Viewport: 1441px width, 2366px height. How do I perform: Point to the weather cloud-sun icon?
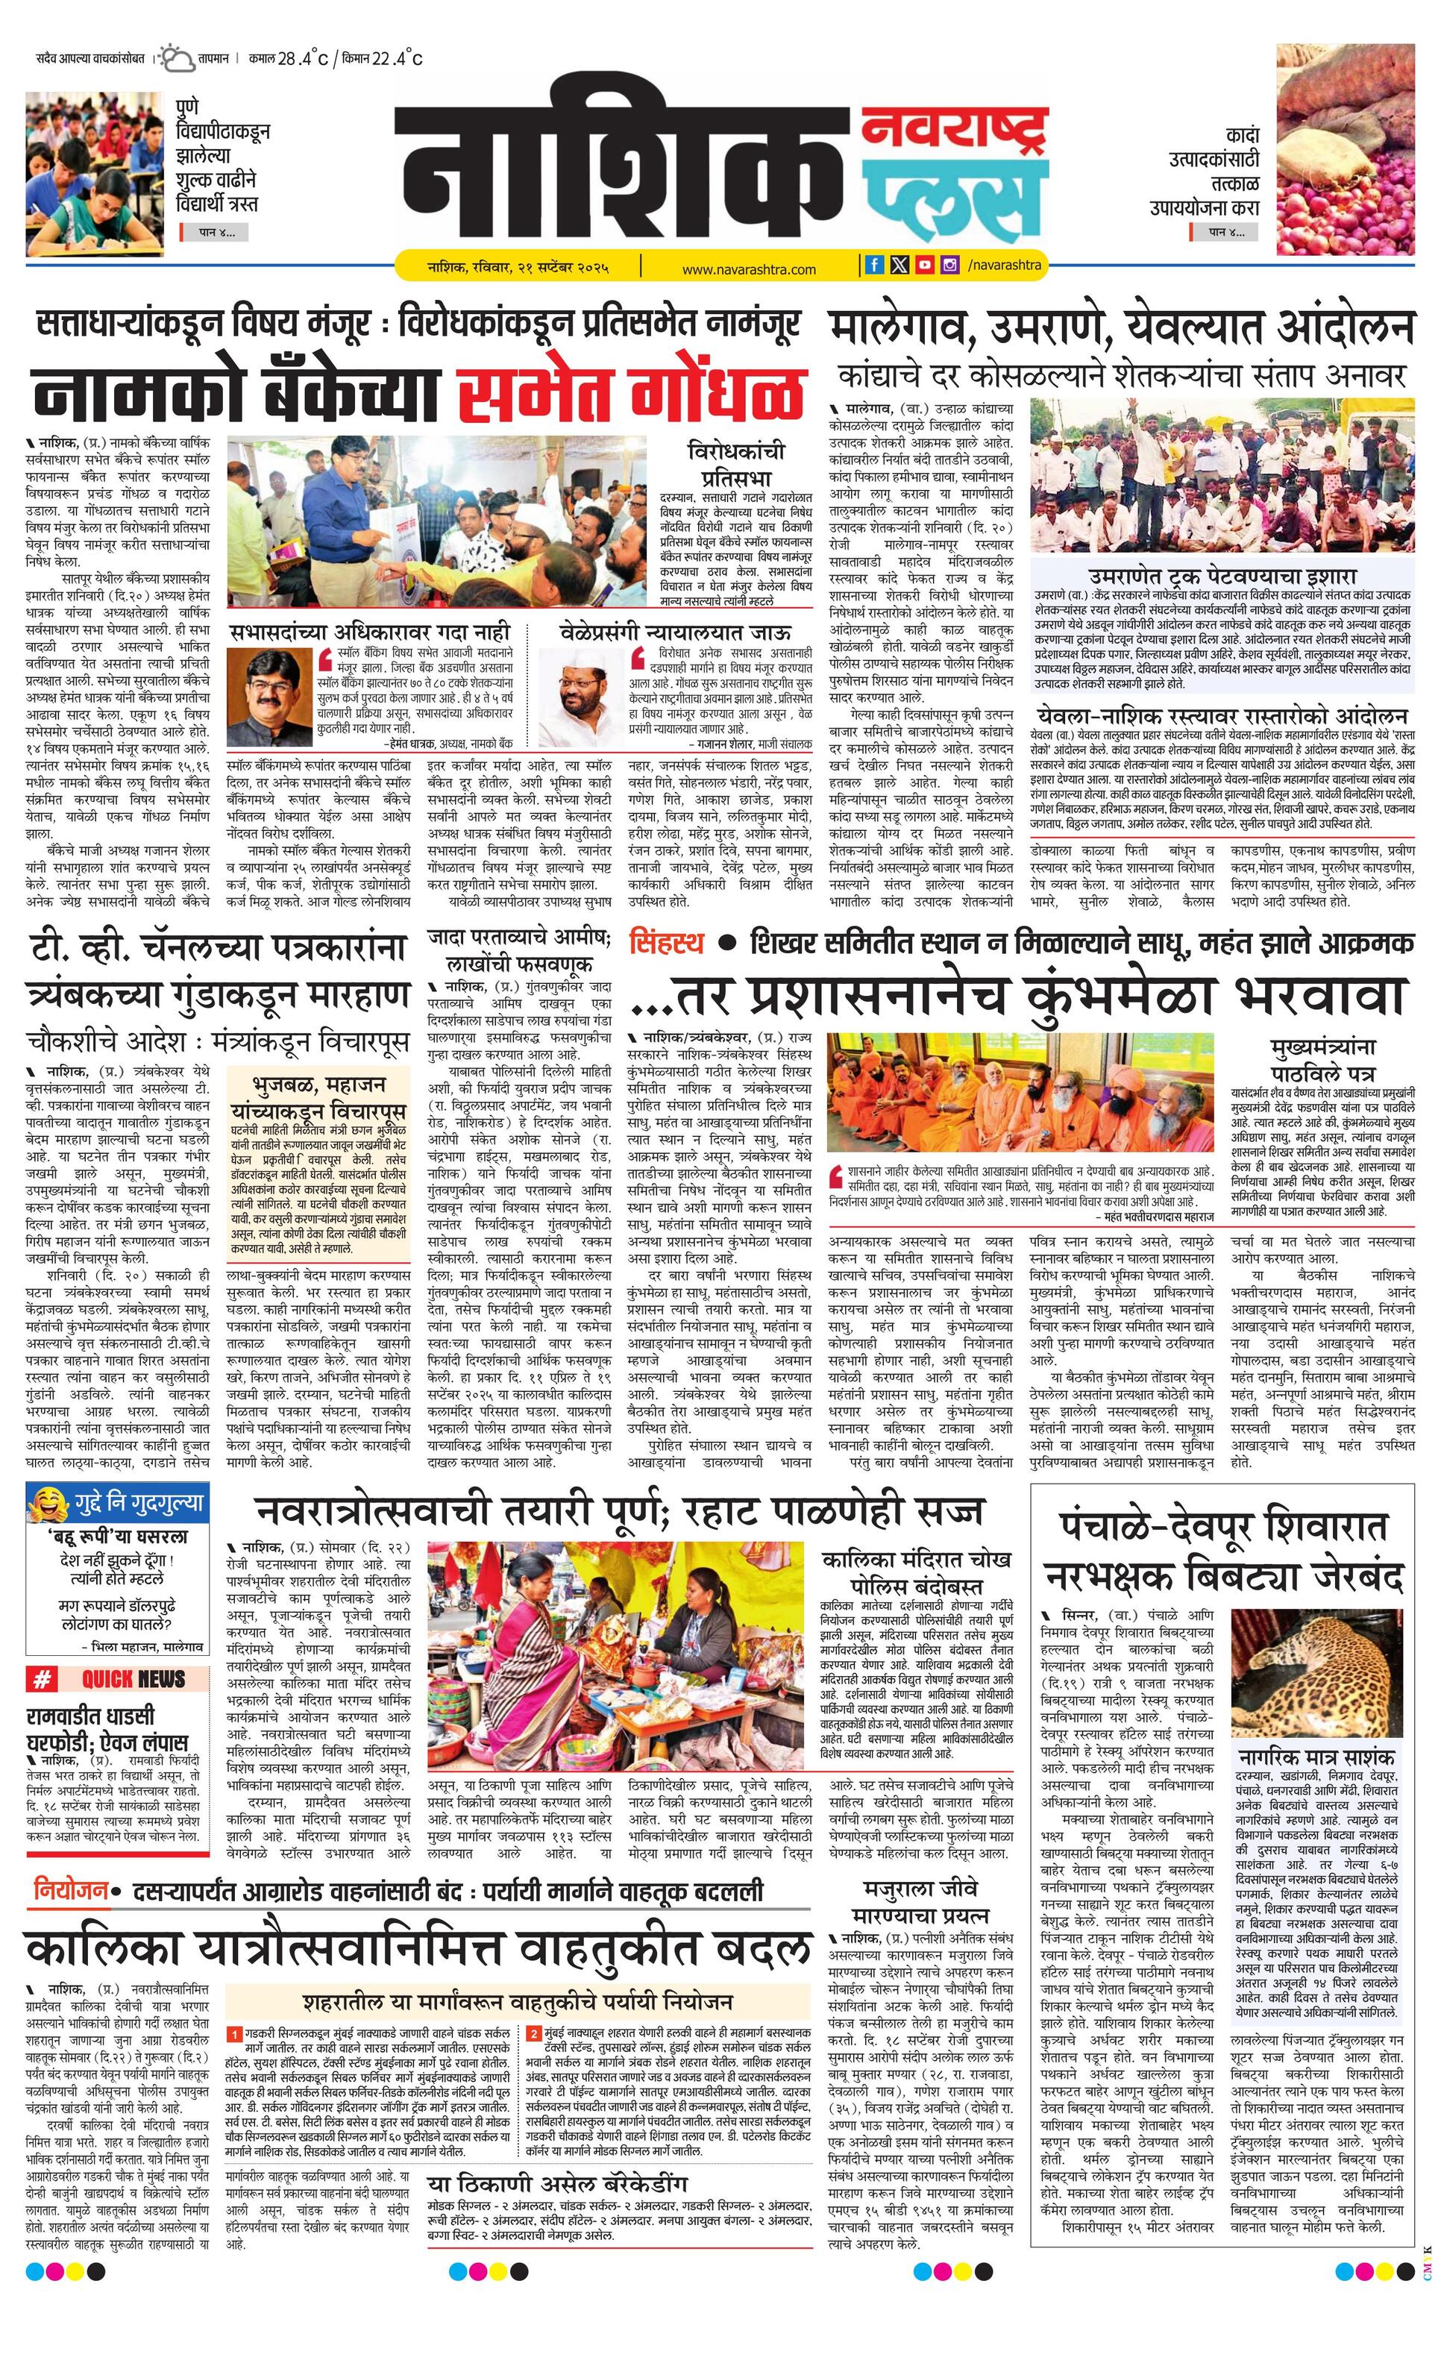pyautogui.click(x=177, y=60)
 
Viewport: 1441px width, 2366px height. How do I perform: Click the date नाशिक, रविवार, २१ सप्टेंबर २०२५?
pyautogui.click(x=518, y=266)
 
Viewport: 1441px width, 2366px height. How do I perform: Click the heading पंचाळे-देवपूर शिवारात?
pyautogui.click(x=1223, y=1527)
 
